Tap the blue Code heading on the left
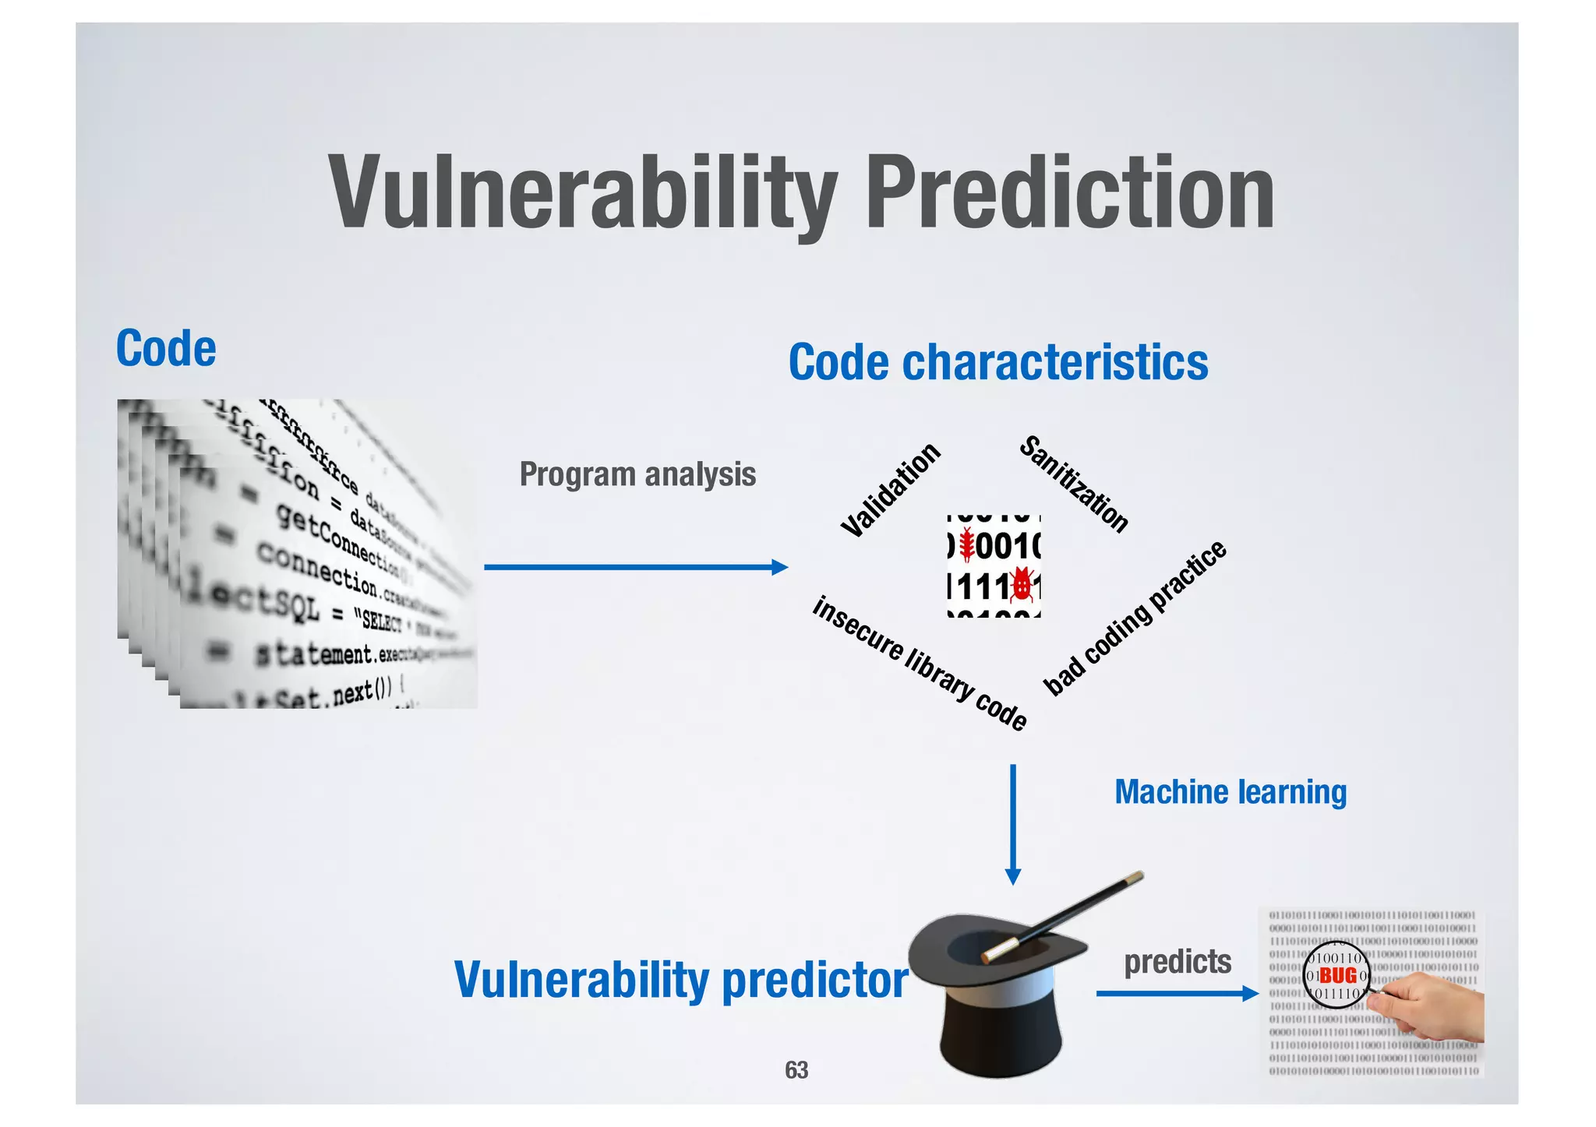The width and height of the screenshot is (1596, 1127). (166, 348)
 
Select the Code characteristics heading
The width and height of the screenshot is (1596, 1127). (997, 362)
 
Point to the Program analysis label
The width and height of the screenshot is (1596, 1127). (637, 474)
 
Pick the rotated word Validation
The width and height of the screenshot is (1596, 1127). (891, 490)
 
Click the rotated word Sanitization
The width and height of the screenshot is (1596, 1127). (1074, 484)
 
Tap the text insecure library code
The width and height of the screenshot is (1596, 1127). (920, 663)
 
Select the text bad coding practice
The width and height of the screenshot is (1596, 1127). (1135, 618)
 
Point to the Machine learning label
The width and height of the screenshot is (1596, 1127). (1230, 792)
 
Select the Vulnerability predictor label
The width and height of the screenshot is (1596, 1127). (680, 979)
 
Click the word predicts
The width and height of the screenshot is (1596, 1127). (1177, 962)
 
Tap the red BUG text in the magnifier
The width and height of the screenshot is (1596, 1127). (1338, 975)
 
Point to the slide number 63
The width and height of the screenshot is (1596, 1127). (796, 1070)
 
